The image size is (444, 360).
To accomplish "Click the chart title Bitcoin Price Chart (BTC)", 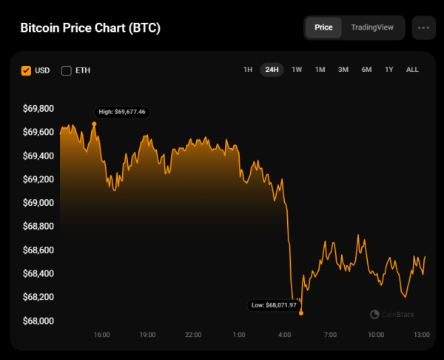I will click(90, 28).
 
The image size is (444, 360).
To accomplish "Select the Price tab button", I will click(323, 27).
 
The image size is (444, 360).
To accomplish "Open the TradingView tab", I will click(372, 27).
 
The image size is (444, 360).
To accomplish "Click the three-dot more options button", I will click(423, 27).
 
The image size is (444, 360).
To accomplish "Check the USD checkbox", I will click(27, 70).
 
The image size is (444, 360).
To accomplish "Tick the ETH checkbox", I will click(67, 70).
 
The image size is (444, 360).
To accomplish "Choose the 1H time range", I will click(248, 70).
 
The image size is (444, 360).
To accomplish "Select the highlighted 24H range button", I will click(272, 70).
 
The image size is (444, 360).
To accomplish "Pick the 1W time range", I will click(297, 70).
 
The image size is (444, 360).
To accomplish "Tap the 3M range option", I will click(343, 70).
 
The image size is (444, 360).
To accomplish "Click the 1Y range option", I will click(388, 70).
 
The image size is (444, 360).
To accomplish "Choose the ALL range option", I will click(412, 70).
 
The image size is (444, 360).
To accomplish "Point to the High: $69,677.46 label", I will click(122, 112).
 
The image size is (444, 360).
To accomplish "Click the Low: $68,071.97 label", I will click(272, 304).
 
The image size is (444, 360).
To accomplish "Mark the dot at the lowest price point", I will click(301, 313).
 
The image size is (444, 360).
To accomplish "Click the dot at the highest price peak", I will click(94, 124).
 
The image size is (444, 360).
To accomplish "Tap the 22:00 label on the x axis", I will click(193, 335).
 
